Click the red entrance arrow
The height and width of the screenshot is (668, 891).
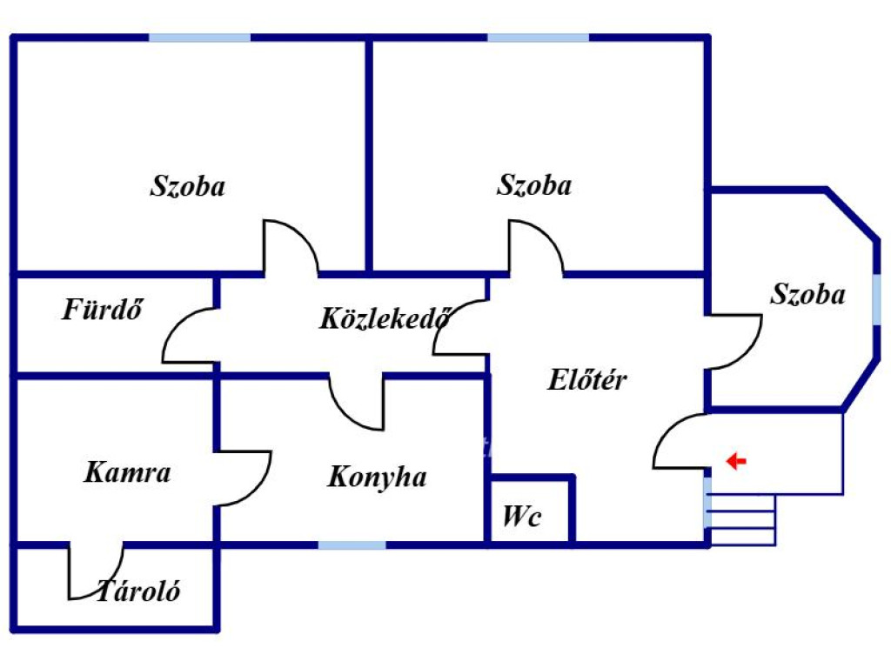coord(736,461)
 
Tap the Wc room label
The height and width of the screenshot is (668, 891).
coord(522,517)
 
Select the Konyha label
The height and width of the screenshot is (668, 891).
coord(378,478)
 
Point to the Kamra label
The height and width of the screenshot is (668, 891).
coord(127,472)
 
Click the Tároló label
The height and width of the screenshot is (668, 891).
coord(138,591)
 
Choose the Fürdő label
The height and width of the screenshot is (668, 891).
coord(103,310)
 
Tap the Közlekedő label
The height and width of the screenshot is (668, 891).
coord(385,318)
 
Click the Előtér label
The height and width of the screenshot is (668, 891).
coord(587,380)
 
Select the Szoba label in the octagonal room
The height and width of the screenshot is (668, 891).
coord(807,294)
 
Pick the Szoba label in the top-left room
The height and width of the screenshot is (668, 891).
coord(188,186)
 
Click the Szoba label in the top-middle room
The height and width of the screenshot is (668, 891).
coord(534,185)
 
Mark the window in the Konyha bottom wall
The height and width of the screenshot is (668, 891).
coord(352,545)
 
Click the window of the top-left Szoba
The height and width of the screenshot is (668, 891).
coord(199,37)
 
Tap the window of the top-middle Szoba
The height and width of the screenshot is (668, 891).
coord(538,37)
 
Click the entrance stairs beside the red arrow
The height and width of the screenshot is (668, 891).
coord(741,520)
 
